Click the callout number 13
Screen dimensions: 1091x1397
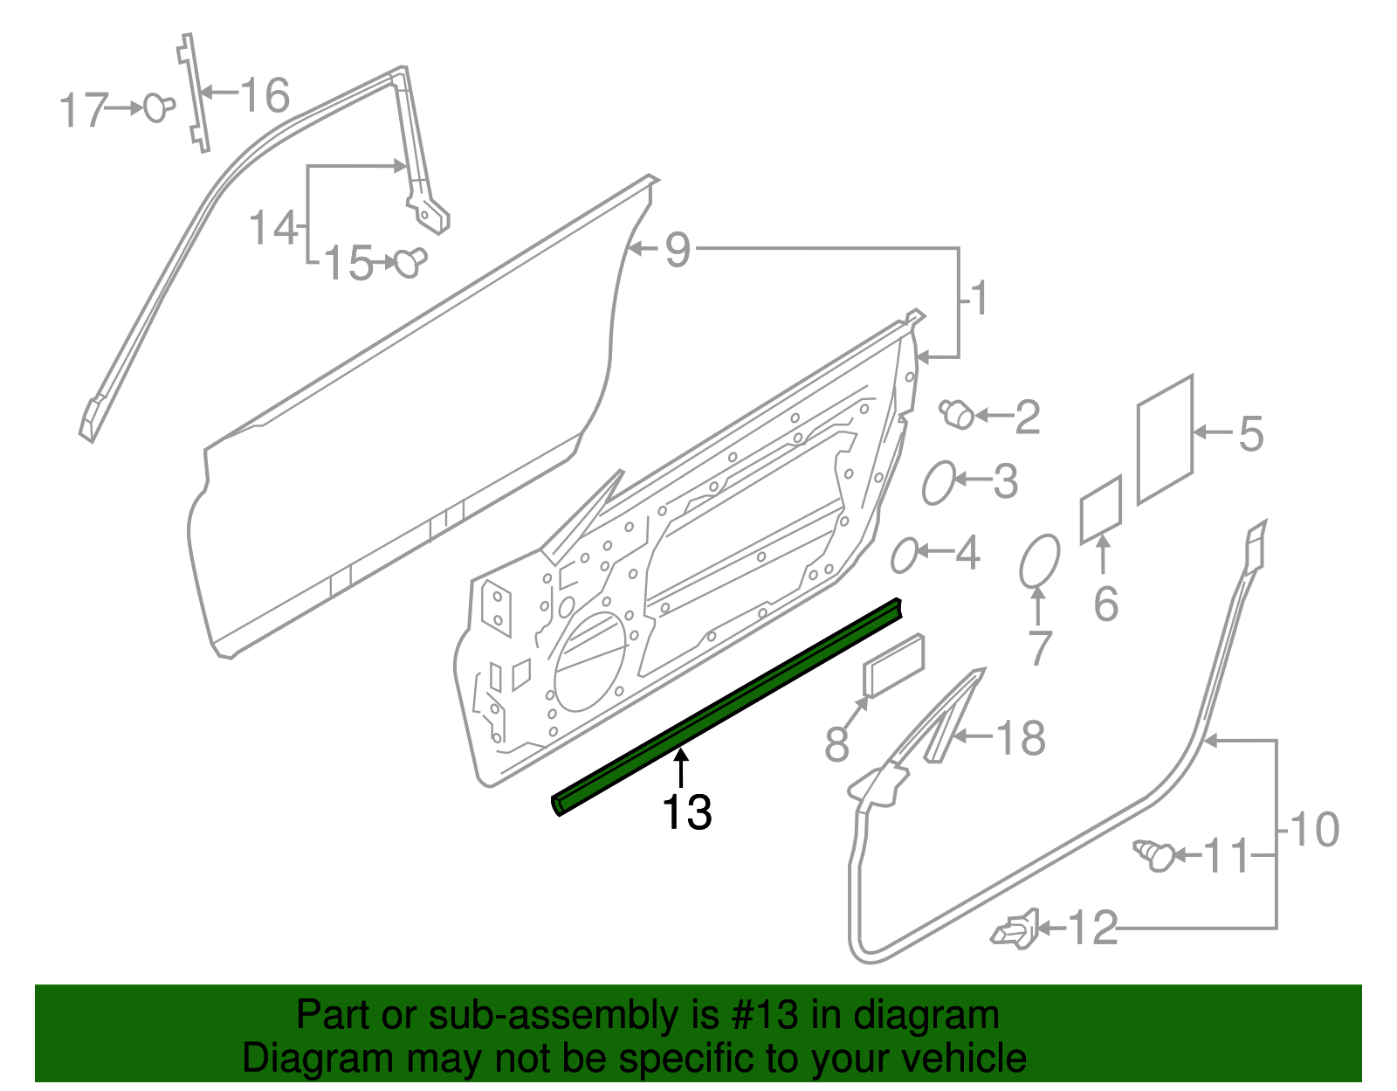pyautogui.click(x=687, y=812)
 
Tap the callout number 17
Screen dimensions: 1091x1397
pyautogui.click(x=83, y=111)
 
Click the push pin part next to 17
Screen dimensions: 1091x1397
pyautogui.click(x=157, y=107)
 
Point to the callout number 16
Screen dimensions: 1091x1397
pyautogui.click(x=265, y=95)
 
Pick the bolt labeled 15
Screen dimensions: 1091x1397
pyautogui.click(x=409, y=261)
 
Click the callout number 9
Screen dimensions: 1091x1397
pyautogui.click(x=678, y=250)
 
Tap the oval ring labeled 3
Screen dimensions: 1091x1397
pyautogui.click(x=939, y=482)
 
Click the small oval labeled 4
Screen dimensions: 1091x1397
pyautogui.click(x=904, y=555)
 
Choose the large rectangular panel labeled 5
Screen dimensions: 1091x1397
pyautogui.click(x=1165, y=439)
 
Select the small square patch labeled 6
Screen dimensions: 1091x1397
pyautogui.click(x=1101, y=509)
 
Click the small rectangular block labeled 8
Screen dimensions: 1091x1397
pyautogui.click(x=893, y=666)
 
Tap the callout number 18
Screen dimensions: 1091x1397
pyautogui.click(x=1020, y=738)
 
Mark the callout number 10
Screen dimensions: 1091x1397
pyautogui.click(x=1313, y=829)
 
